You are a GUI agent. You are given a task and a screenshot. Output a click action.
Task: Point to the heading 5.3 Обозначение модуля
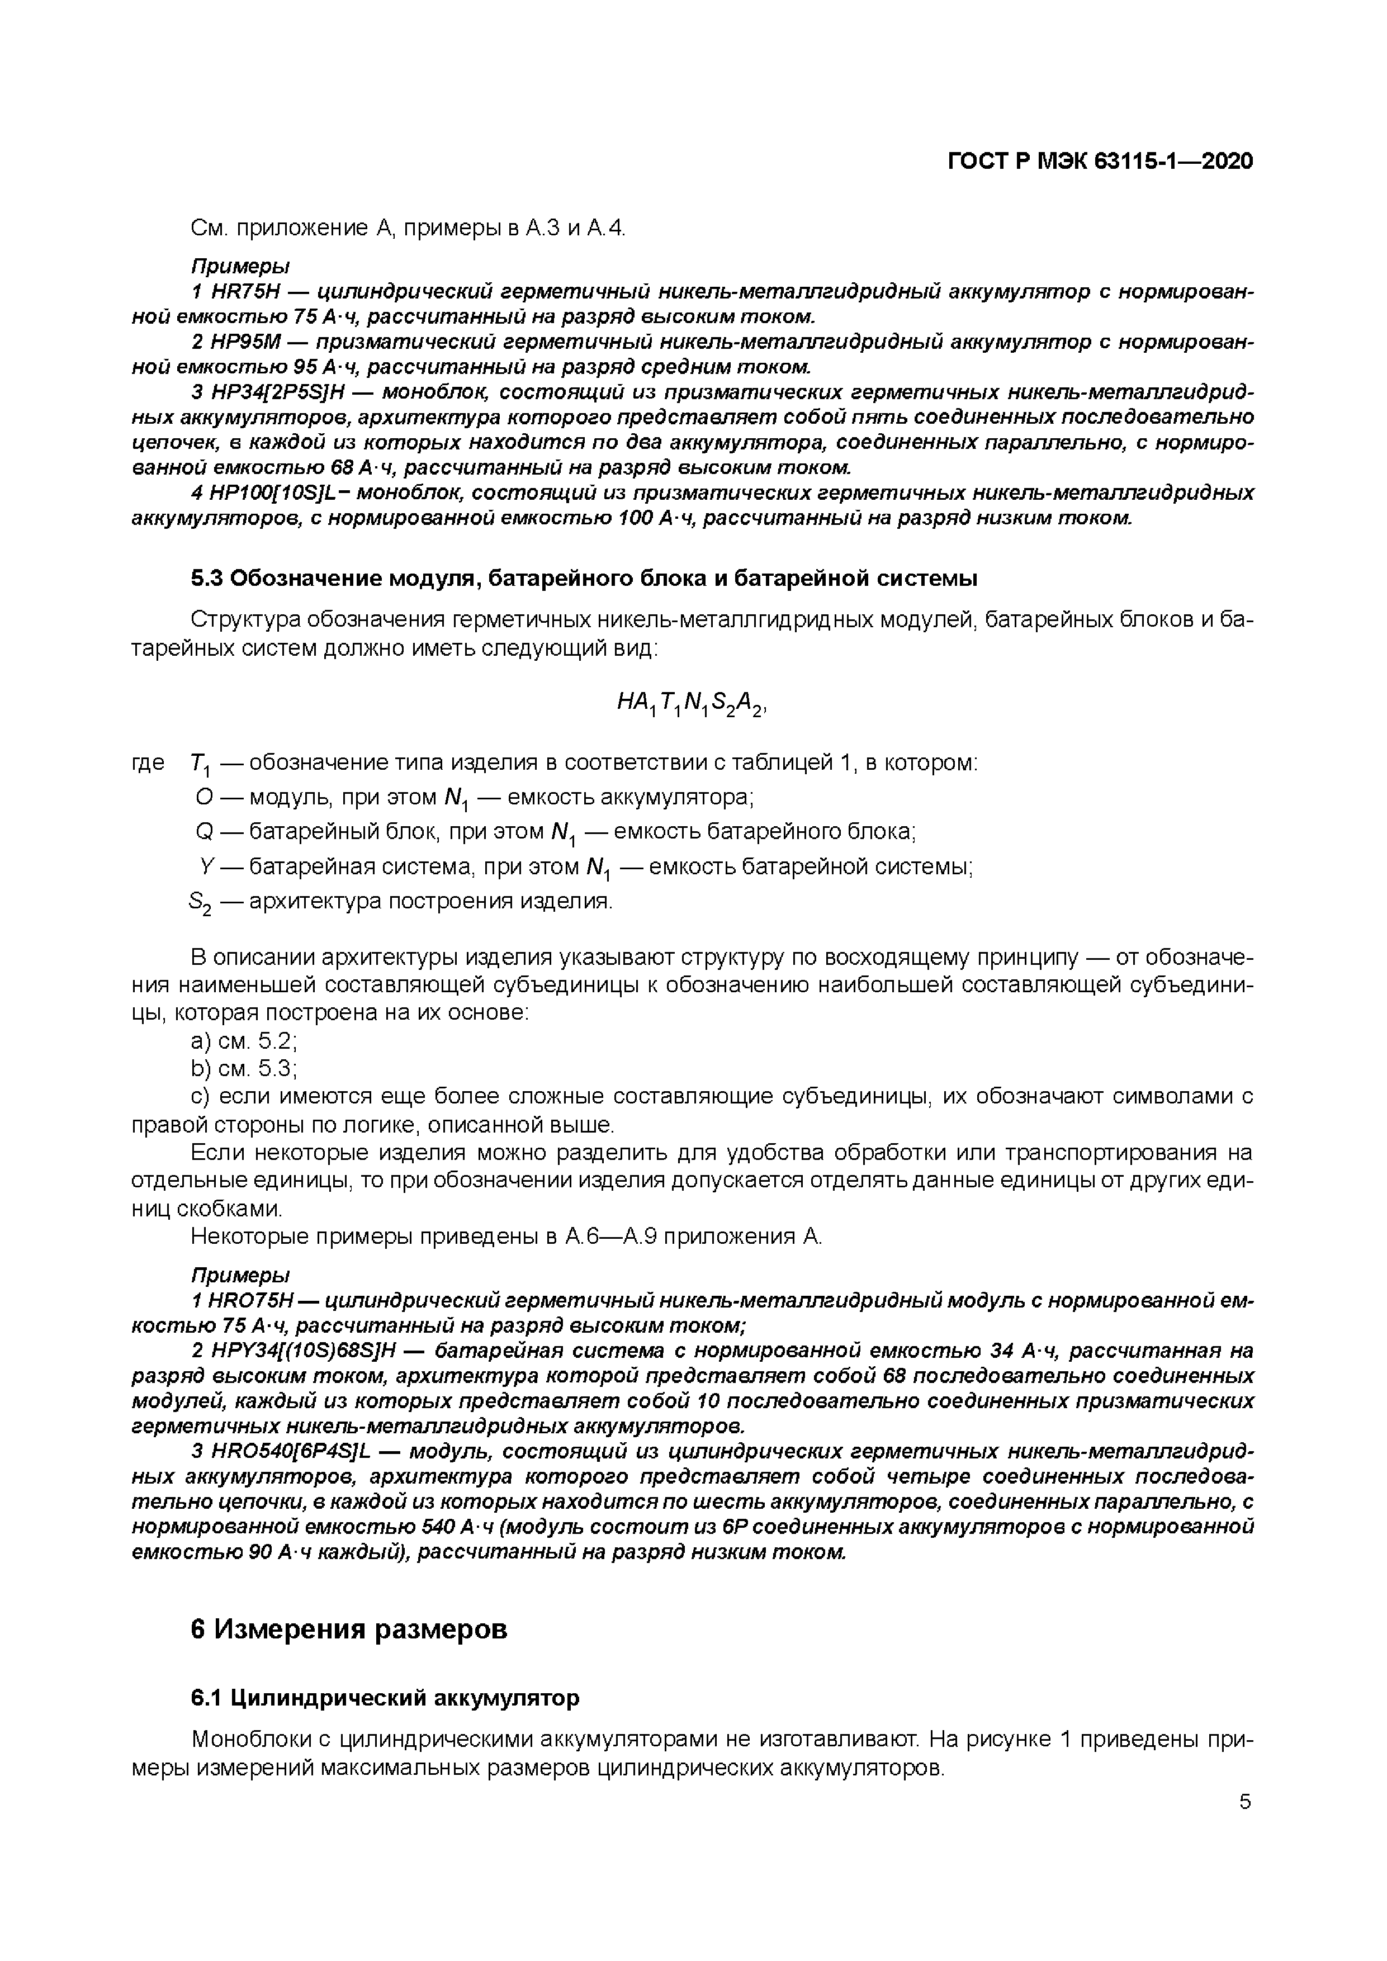click(x=583, y=578)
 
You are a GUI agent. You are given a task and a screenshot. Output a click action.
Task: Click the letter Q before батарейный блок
click(x=203, y=831)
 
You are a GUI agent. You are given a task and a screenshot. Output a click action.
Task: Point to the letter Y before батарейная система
click(x=205, y=867)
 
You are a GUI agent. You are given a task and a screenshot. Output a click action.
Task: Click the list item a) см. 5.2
click(x=243, y=1040)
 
